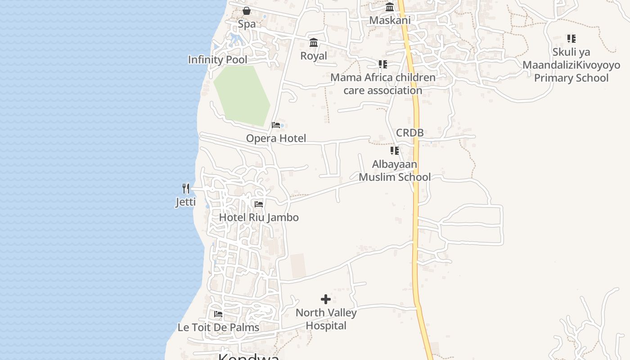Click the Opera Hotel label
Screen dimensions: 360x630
276,138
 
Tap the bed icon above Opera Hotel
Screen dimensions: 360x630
276,125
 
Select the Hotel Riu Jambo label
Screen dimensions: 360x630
259,217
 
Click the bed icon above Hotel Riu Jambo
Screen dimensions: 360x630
259,204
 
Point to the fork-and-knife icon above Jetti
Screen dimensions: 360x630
186,188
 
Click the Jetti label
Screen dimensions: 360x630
185,202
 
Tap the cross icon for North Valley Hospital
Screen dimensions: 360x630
326,299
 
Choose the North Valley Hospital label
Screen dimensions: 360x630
326,319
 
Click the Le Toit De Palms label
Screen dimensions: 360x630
218,327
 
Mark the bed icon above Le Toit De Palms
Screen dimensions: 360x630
218,314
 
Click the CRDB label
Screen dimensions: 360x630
409,133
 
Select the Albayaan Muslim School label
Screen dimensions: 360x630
395,171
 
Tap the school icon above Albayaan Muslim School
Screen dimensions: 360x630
395,151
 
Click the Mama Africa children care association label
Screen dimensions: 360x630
383,84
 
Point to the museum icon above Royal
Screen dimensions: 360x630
314,43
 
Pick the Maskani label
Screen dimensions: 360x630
390,20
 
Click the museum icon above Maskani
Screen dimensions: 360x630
390,7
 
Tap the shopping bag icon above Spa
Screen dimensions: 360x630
247,11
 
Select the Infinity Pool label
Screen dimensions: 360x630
217,59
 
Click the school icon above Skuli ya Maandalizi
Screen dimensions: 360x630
571,39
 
